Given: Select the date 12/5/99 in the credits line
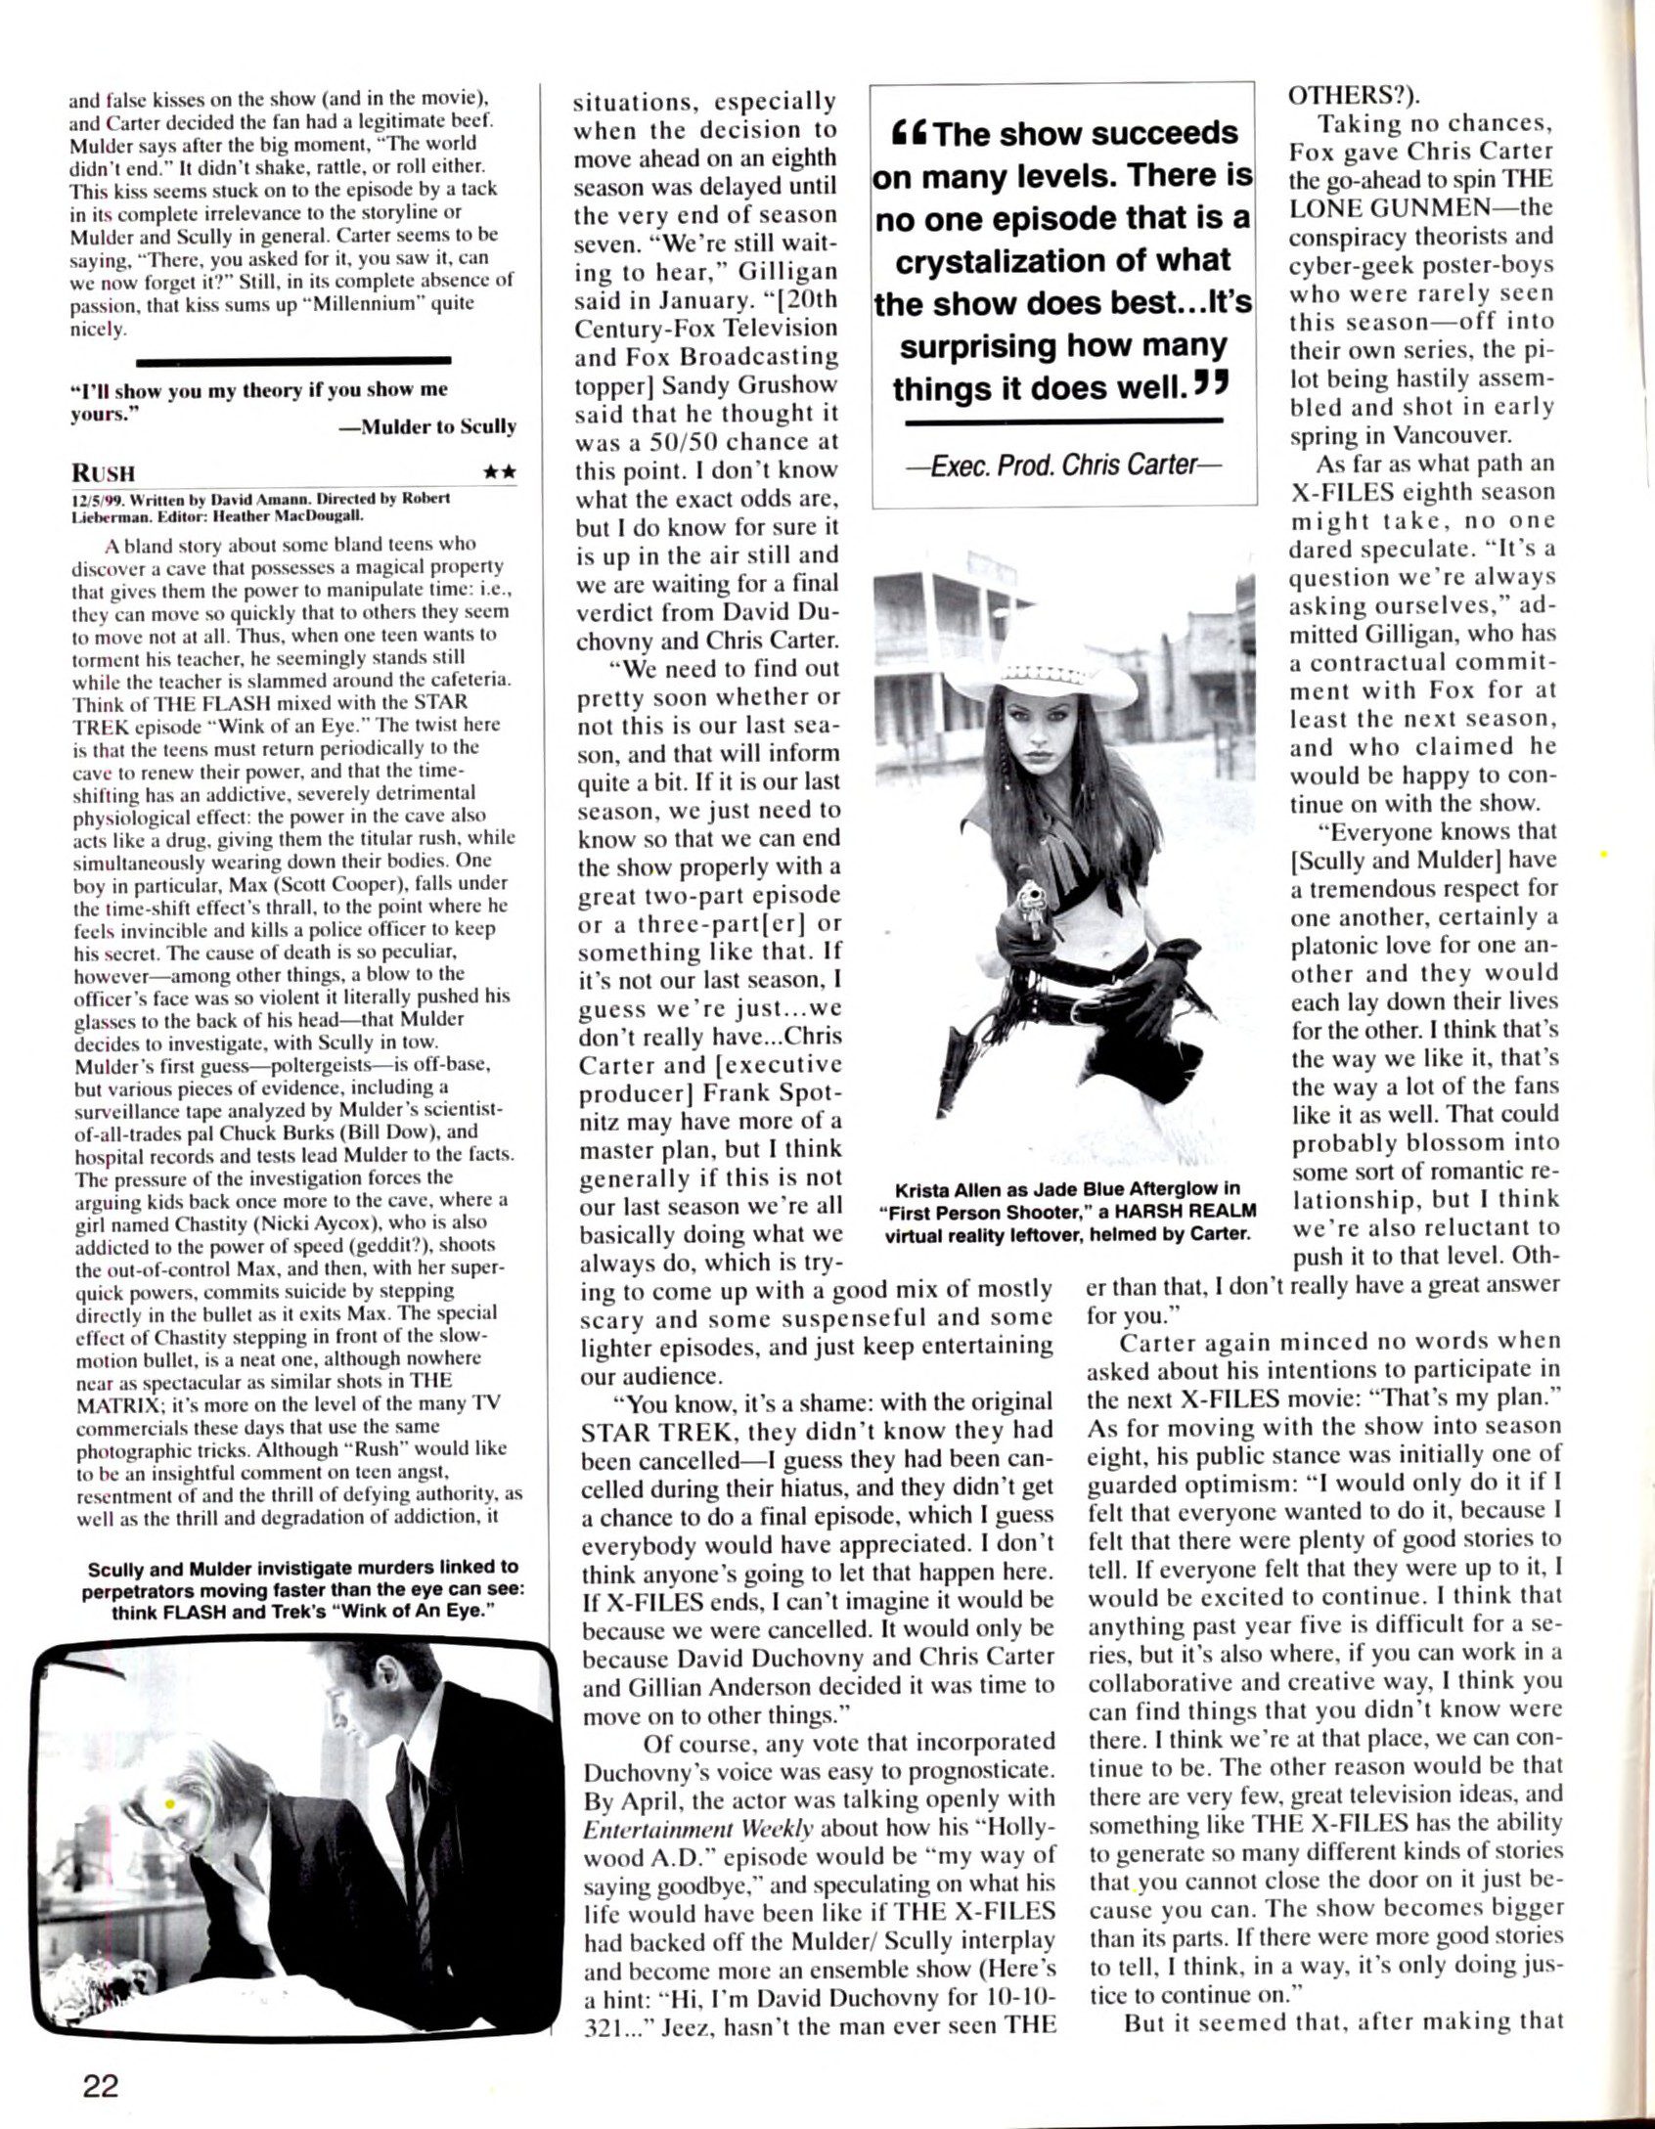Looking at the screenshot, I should tap(92, 497).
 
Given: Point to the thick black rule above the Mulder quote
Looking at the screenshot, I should tap(293, 360).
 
